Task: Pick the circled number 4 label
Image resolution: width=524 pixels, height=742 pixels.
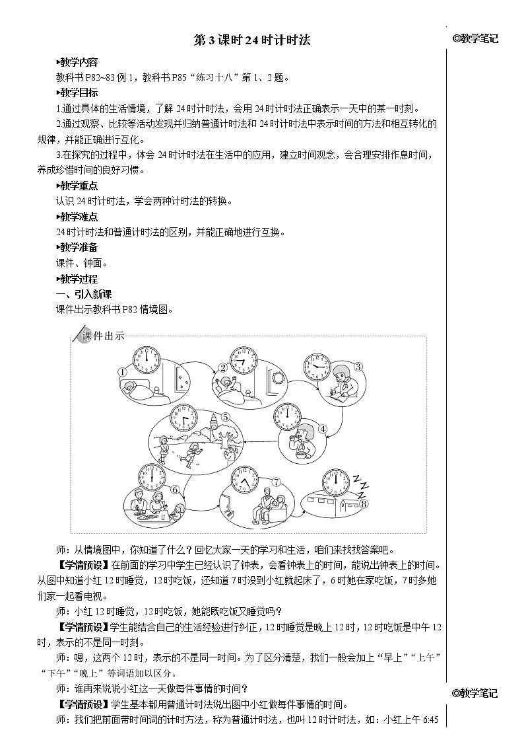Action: [x=323, y=429]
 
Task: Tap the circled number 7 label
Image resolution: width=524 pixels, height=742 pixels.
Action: [x=277, y=481]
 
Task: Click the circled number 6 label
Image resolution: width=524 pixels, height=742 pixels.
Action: [x=175, y=490]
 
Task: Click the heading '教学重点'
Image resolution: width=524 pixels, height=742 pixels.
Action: [x=78, y=186]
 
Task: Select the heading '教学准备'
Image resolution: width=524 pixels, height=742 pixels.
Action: [x=78, y=247]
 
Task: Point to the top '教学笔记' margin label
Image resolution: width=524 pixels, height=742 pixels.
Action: [x=476, y=39]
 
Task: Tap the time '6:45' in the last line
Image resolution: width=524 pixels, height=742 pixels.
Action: [x=429, y=720]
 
